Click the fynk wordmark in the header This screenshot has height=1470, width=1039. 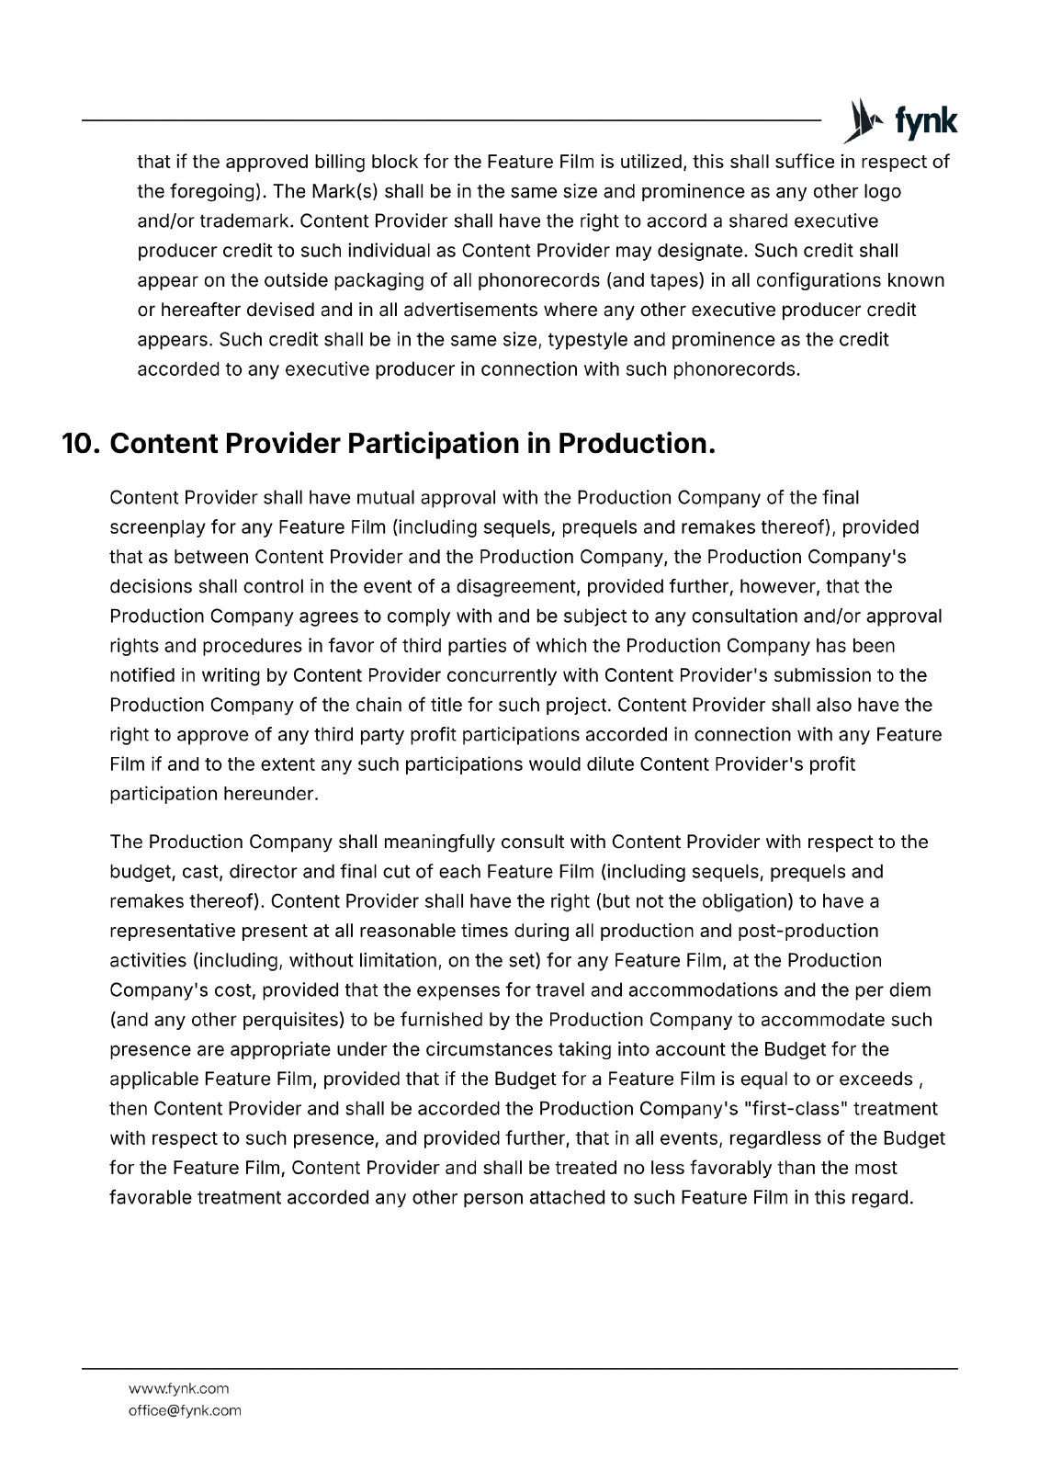(926, 121)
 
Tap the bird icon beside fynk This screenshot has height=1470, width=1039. (863, 121)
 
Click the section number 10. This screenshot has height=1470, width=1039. (81, 444)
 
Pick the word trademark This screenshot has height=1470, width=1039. (245, 221)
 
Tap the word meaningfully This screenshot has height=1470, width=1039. (439, 842)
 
